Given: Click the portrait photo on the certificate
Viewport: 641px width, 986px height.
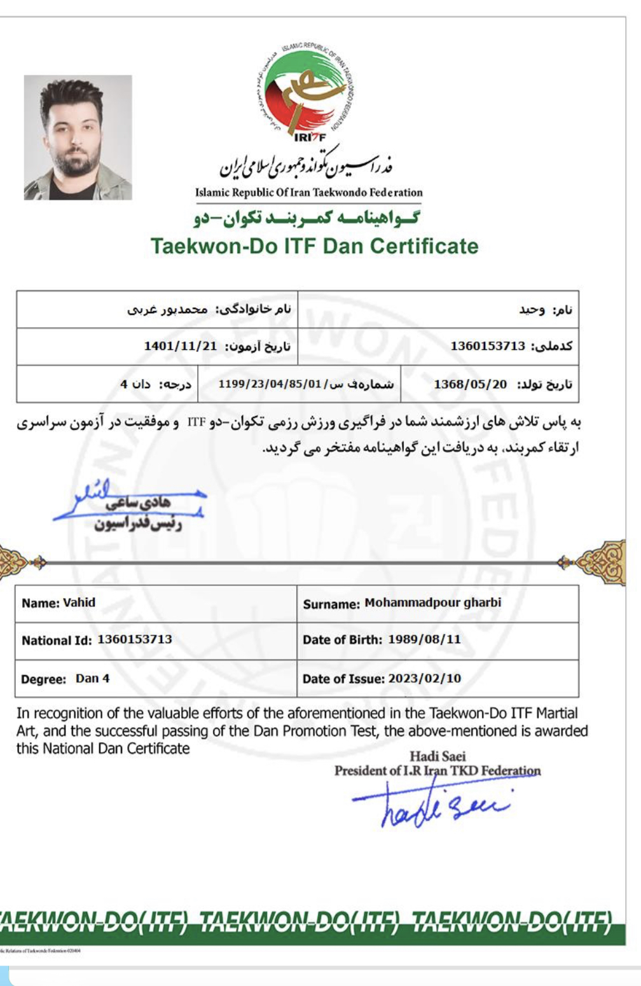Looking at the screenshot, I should (78, 137).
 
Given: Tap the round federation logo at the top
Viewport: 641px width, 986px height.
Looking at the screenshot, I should (307, 89).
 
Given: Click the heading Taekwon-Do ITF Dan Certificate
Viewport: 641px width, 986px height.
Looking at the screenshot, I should (314, 246).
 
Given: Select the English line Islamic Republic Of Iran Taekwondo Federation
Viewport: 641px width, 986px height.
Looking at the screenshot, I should (308, 192).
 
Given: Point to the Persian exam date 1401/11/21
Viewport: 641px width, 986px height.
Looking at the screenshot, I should (181, 346).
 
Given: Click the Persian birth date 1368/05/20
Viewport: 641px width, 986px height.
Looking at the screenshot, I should (470, 384).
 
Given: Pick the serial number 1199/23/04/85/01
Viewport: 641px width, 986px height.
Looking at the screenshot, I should (270, 384).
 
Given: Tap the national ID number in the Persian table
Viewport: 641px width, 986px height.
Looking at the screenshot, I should (488, 346).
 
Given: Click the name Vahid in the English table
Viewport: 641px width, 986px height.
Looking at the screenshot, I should (79, 602).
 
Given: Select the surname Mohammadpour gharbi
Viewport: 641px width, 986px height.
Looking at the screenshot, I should (432, 602).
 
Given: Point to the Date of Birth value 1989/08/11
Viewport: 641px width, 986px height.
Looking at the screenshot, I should (424, 639).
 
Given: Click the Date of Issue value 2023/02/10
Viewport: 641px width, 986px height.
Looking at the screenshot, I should (425, 678).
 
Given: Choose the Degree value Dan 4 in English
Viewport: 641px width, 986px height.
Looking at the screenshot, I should (92, 678).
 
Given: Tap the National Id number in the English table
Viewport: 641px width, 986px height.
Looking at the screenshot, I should (134, 639).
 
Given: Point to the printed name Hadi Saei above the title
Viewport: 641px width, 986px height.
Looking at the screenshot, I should (438, 756).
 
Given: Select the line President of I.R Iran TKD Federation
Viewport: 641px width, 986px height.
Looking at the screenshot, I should (438, 770).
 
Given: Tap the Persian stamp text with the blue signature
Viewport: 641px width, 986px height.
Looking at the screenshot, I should (137, 513).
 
